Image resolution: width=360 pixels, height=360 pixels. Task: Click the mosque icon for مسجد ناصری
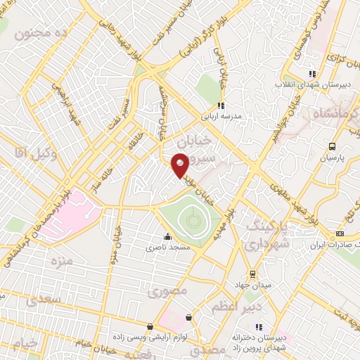tap(167, 236)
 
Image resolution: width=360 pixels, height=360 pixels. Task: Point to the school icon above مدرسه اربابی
tap(220, 105)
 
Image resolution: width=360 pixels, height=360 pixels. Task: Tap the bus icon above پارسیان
tap(332, 147)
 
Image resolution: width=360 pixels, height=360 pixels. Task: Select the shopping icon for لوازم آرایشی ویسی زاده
tap(150, 326)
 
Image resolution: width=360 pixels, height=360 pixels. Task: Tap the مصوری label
tap(168, 289)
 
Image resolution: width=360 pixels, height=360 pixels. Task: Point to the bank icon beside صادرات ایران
tap(340, 233)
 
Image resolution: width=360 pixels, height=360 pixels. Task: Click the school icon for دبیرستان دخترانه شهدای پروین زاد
tap(259, 326)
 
